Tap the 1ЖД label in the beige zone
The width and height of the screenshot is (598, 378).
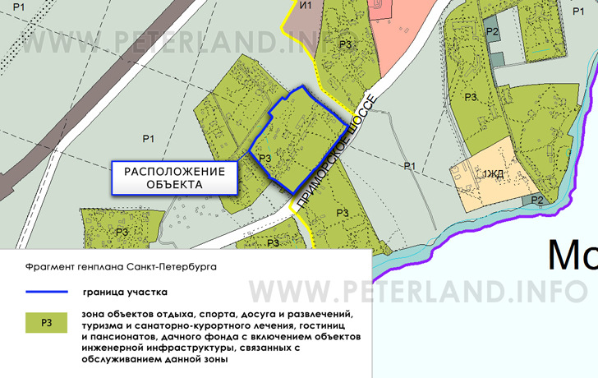point(493,173)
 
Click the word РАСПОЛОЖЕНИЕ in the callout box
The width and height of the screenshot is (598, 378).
point(174,171)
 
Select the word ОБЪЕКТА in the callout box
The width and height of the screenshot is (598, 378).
point(174,185)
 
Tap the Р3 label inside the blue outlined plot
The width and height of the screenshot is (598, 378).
point(264,159)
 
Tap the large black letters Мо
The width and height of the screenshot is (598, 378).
point(572,256)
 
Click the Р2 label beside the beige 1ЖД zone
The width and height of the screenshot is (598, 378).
point(537,200)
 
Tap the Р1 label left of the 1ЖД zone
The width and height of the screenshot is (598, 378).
point(410,167)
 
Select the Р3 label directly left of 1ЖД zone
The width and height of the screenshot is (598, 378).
point(471,97)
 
